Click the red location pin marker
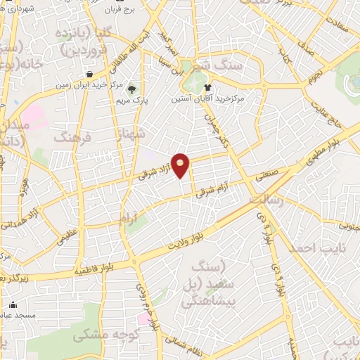coord(181,165)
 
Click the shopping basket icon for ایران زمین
coord(89,74)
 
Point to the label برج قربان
coord(124,10)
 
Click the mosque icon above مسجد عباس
coord(13,305)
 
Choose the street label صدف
coord(304,46)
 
